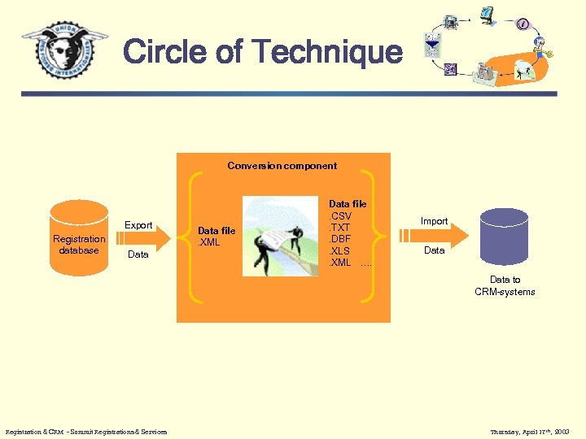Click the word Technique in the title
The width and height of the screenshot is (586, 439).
327,52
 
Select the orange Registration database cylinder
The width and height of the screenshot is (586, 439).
79,236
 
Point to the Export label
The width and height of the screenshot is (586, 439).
138,225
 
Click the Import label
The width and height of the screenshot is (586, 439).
434,221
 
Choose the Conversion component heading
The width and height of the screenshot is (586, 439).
282,166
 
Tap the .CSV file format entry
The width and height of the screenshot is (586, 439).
339,216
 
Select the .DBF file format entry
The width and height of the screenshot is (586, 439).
339,239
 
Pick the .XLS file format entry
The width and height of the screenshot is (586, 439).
339,251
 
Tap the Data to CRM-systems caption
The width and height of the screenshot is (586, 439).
505,285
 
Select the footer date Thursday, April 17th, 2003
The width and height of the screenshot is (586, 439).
531,431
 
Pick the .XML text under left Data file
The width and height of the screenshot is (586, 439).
209,242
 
